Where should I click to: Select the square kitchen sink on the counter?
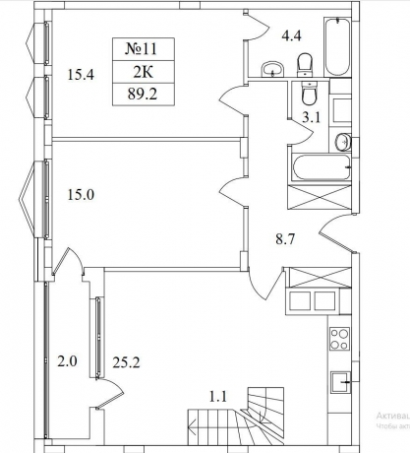coord(340,379)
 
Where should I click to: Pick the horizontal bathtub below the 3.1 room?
coord(319,167)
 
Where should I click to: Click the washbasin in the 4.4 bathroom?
coord(272,68)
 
